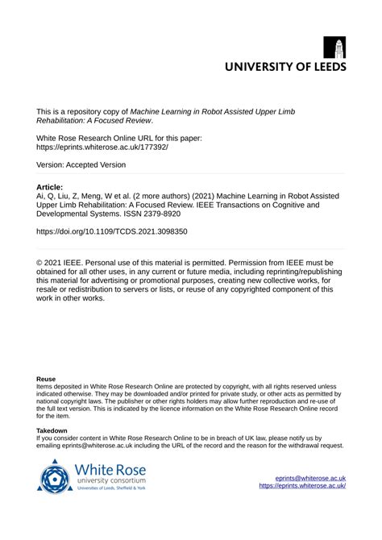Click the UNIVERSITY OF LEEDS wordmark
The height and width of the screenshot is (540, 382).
coord(285,67)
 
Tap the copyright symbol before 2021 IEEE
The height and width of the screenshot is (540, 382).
coord(40,263)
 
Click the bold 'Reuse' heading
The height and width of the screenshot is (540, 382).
coord(47,378)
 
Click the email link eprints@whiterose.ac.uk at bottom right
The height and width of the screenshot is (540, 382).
coord(310,477)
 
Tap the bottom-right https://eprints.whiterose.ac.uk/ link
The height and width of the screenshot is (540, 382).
coord(302,486)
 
